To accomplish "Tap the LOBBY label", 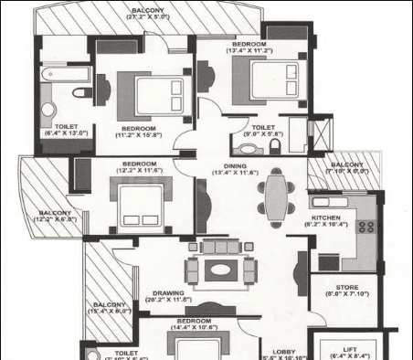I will tap(285, 350).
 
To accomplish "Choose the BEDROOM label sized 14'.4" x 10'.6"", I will tap(195, 323).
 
